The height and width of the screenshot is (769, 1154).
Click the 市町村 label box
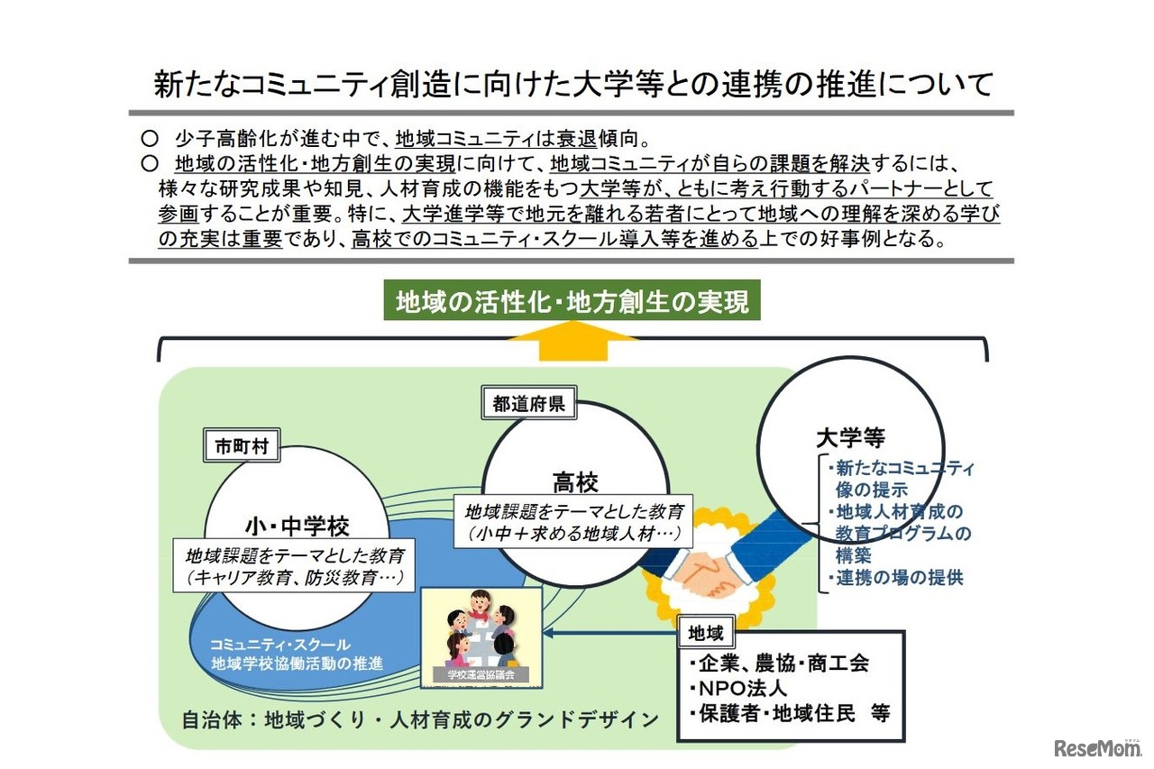[x=242, y=446]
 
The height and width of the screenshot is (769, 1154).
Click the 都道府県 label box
[x=528, y=405]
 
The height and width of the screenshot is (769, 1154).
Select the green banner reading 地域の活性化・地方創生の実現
[x=572, y=302]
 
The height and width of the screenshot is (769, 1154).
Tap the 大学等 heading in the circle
[x=850, y=439]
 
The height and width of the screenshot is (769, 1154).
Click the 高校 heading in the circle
[x=574, y=484]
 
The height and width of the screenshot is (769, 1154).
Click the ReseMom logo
[x=1094, y=747]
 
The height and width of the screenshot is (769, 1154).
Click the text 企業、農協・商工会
[x=777, y=664]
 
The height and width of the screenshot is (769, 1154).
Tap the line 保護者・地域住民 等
[x=789, y=712]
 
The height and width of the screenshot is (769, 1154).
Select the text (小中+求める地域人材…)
[x=573, y=534]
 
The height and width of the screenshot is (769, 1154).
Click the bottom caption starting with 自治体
[x=420, y=719]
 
